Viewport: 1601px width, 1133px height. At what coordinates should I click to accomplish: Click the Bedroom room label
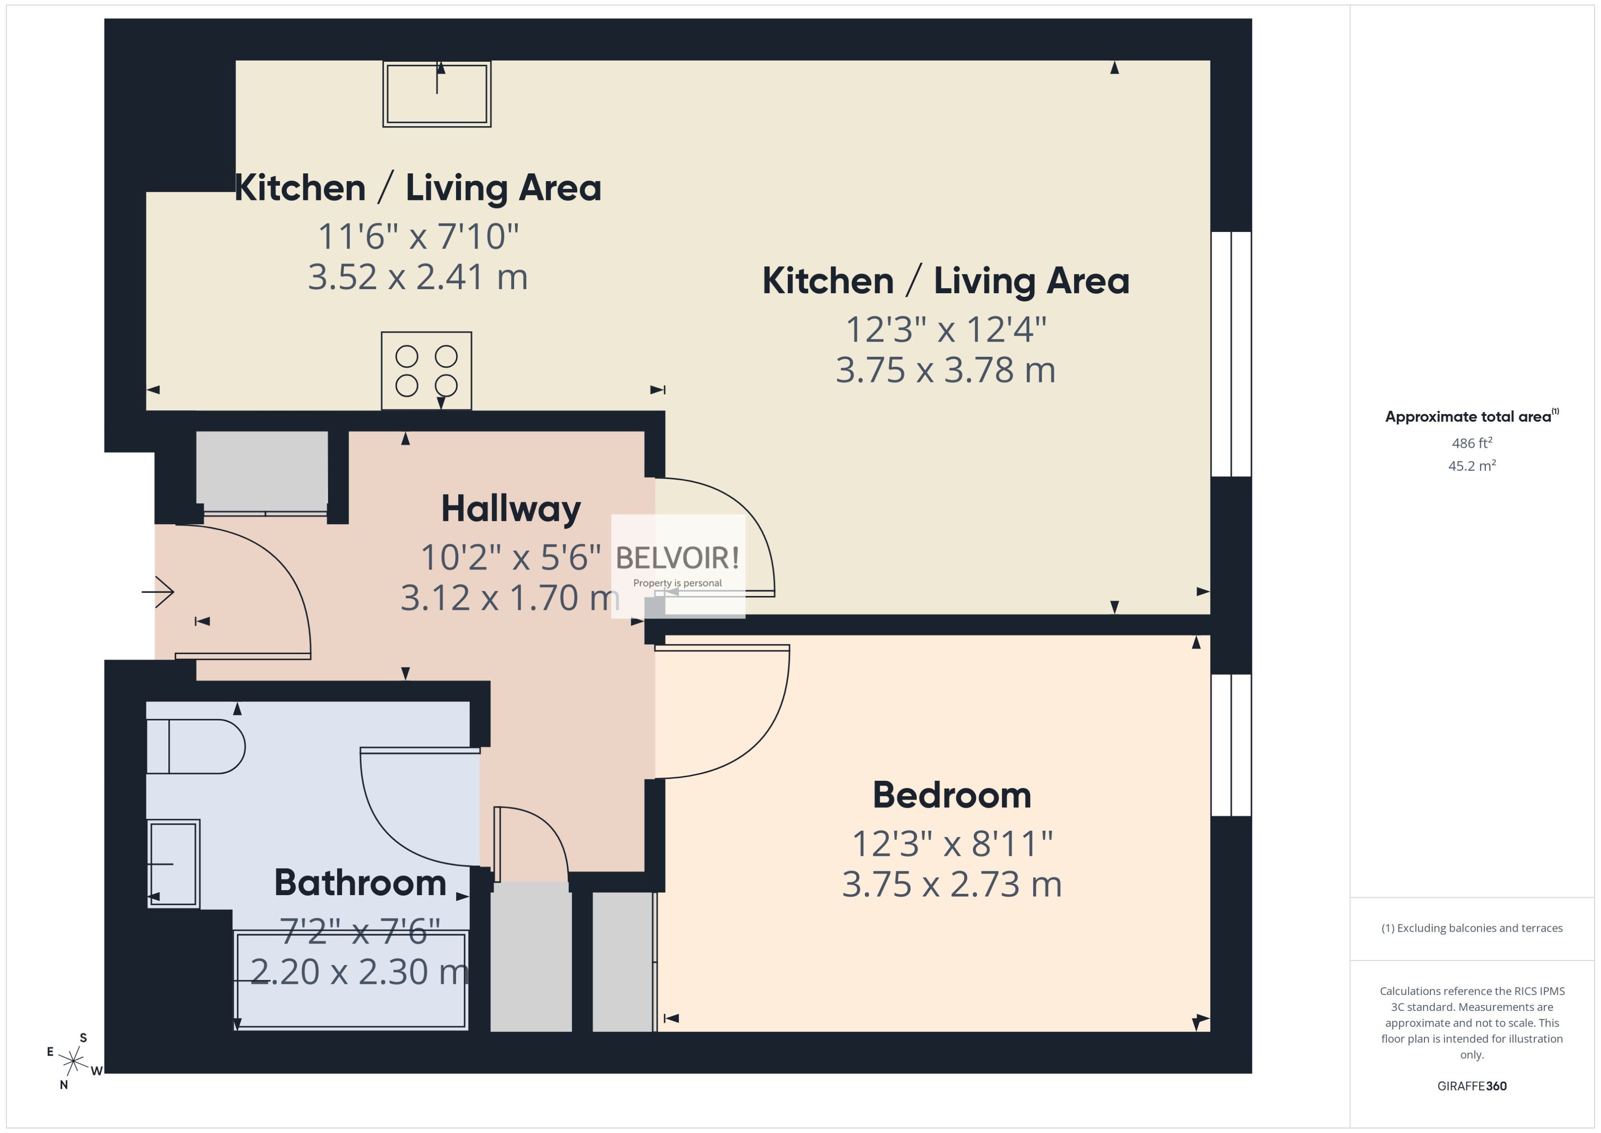pyautogui.click(x=951, y=795)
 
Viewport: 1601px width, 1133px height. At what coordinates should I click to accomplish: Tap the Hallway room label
pyautogui.click(x=510, y=509)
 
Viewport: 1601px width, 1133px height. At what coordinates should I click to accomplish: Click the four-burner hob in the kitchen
pyautogui.click(x=426, y=371)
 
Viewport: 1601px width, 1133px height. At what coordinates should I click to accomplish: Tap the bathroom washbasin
pyautogui.click(x=173, y=864)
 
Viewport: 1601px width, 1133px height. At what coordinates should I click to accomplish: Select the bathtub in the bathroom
pyautogui.click(x=351, y=980)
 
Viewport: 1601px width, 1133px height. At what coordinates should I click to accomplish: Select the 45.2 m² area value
pyautogui.click(x=1472, y=465)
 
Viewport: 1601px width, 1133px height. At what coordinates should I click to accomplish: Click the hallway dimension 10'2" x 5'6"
pyautogui.click(x=510, y=558)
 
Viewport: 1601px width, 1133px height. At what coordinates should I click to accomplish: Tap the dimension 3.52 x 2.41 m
pyautogui.click(x=418, y=277)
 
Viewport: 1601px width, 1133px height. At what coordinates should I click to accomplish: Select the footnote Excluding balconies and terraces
pyautogui.click(x=1472, y=928)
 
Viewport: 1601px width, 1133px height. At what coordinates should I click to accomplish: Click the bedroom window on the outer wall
pyautogui.click(x=1231, y=745)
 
